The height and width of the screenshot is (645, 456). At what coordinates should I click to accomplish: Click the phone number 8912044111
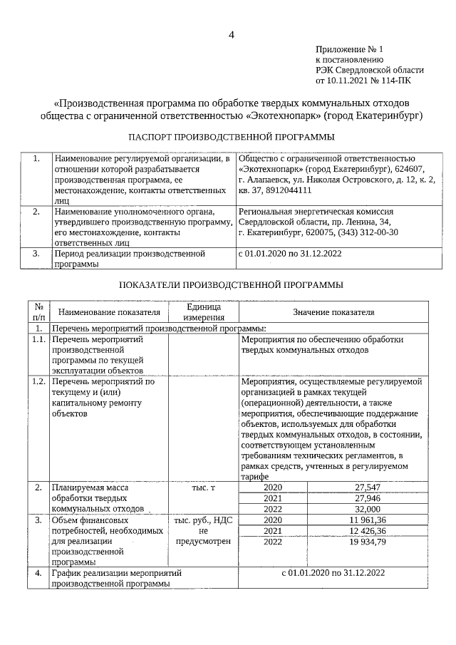290,190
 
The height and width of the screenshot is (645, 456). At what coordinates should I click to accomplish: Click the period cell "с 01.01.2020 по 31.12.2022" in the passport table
290,253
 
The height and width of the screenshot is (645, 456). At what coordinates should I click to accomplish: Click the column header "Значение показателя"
333,311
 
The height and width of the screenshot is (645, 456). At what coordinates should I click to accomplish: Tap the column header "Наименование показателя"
108,311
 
